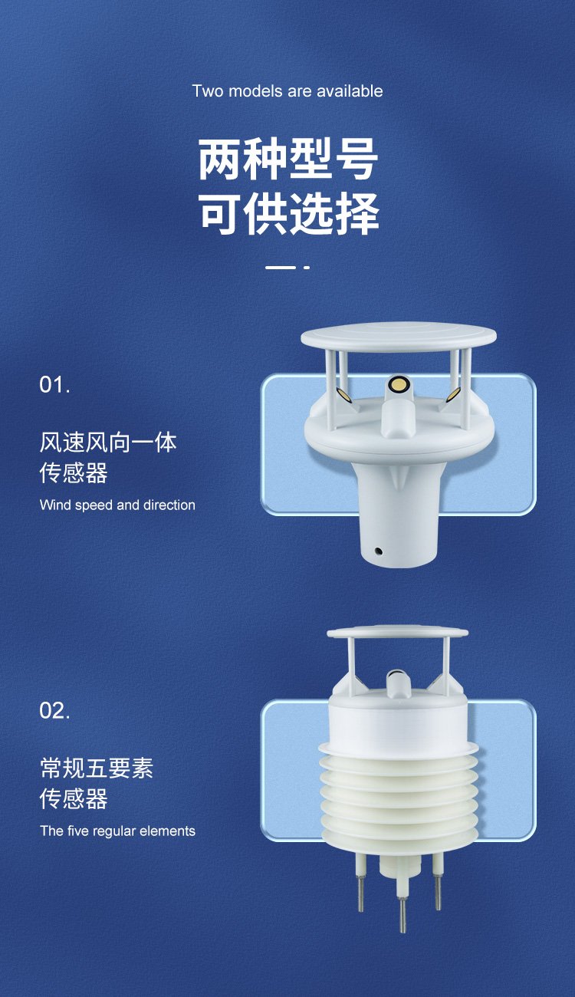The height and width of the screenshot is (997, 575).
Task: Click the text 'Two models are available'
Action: pyautogui.click(x=287, y=91)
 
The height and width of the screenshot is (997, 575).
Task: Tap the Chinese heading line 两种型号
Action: pyautogui.click(x=288, y=160)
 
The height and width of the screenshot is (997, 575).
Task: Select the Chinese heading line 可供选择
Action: pyautogui.click(x=289, y=213)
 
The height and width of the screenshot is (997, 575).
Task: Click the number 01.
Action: pyautogui.click(x=54, y=384)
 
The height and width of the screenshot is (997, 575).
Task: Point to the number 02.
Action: pyautogui.click(x=54, y=710)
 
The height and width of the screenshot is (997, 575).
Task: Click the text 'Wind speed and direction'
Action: pyautogui.click(x=117, y=505)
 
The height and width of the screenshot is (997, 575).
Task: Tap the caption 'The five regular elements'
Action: pyautogui.click(x=117, y=831)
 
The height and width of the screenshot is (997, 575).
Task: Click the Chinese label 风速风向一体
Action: pyautogui.click(x=108, y=443)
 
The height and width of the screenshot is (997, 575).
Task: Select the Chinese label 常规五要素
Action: pyautogui.click(x=97, y=768)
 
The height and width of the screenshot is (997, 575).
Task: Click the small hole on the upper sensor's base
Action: pyautogui.click(x=379, y=551)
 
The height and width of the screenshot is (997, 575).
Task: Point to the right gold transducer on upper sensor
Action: pyautogui.click(x=454, y=393)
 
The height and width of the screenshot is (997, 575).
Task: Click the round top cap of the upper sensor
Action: pyautogui.click(x=399, y=337)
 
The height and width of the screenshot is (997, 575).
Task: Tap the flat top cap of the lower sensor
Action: pyautogui.click(x=397, y=633)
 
